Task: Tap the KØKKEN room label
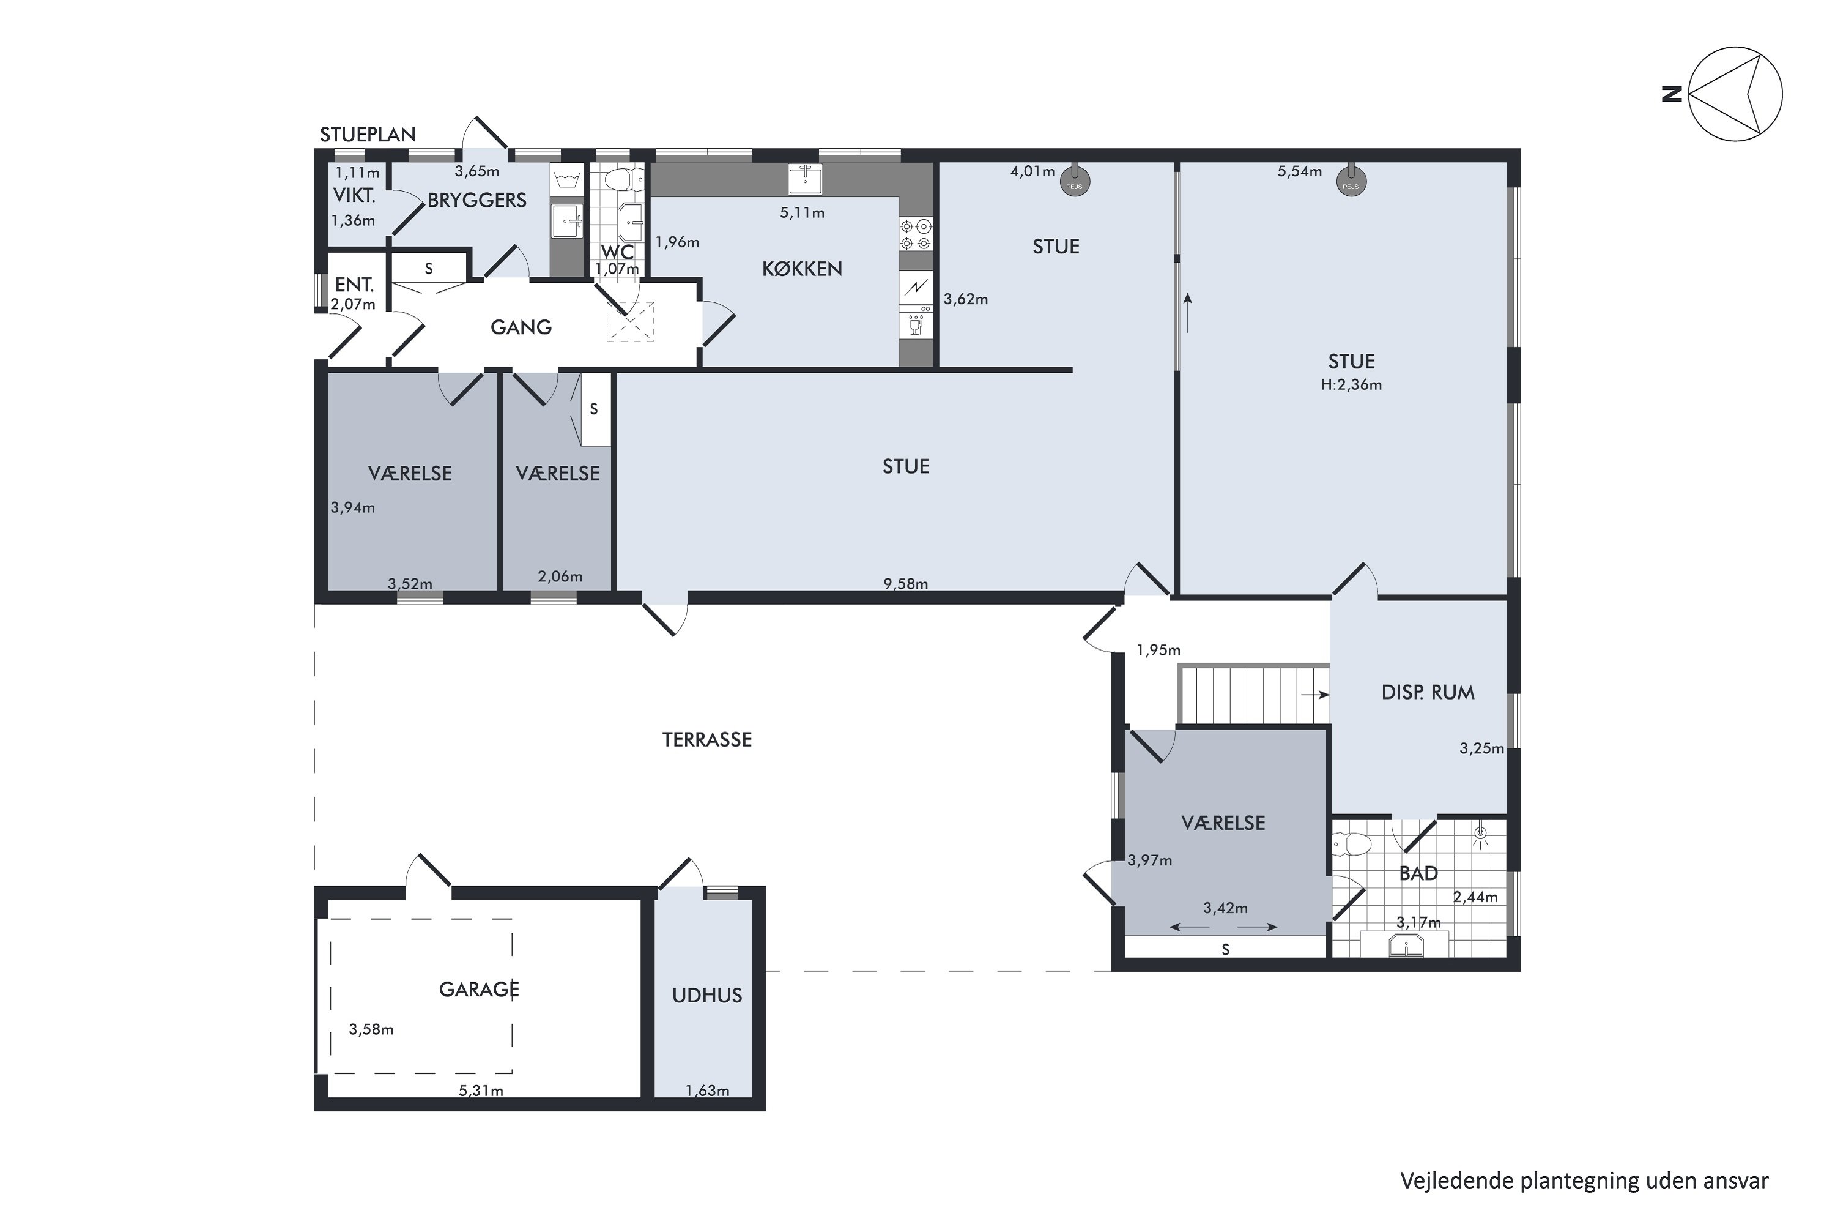click(x=802, y=269)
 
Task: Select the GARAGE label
click(x=479, y=990)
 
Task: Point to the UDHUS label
click(x=707, y=995)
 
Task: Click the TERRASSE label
click(x=707, y=739)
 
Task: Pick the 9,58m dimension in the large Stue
click(x=906, y=583)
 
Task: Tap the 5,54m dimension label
click(x=1300, y=171)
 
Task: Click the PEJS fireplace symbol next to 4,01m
click(x=1074, y=181)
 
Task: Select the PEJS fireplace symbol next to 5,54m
click(x=1351, y=181)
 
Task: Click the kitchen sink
click(x=805, y=179)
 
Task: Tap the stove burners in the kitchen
click(x=916, y=234)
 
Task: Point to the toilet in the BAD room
click(x=1352, y=844)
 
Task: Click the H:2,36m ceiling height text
click(x=1351, y=384)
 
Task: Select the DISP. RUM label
click(x=1428, y=692)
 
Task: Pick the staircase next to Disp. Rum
click(x=1253, y=694)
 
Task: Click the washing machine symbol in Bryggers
click(x=567, y=181)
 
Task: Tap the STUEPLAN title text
click(x=368, y=134)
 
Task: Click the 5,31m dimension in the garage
click(x=481, y=1091)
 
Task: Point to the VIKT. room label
click(x=354, y=195)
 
